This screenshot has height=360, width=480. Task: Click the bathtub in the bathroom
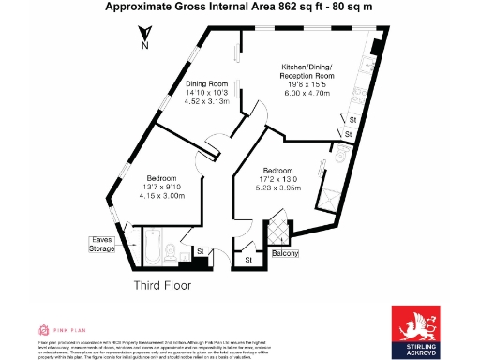(x=150, y=246)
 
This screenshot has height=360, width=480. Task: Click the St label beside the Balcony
(x=247, y=257)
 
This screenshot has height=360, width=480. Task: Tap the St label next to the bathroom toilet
(x=201, y=251)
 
